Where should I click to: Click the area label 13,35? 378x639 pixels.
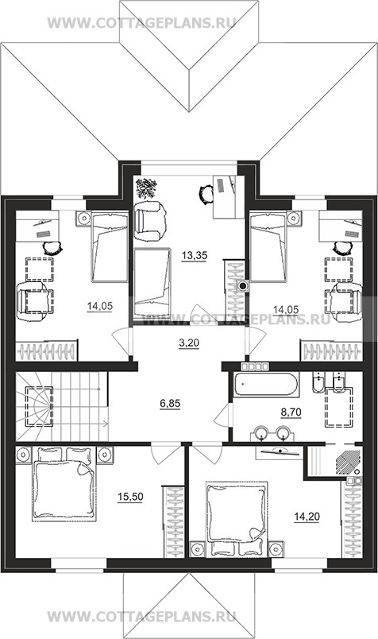195,255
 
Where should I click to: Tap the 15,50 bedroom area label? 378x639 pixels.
130,497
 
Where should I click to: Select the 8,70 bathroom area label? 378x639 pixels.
291,412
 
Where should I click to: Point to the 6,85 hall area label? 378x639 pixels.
170,404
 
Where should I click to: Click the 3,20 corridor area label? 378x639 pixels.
189,343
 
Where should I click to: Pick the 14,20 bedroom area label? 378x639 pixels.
307,517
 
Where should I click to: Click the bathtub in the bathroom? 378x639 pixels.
266,384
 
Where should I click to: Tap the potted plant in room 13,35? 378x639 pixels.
146,188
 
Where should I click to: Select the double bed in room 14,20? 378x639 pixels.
237,518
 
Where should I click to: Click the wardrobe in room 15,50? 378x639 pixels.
173,521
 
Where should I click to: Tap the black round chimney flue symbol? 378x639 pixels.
244,286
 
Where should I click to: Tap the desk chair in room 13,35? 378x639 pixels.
206,195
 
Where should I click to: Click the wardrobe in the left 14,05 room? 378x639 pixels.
47,350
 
